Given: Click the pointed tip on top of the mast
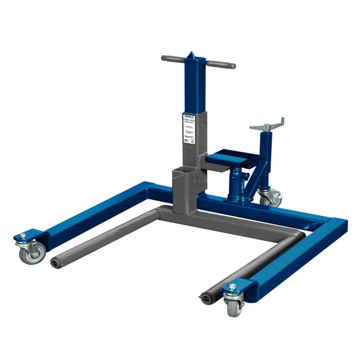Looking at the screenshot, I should click(192, 54).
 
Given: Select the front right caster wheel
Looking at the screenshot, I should click(233, 306).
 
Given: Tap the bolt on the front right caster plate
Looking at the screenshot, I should click(233, 287).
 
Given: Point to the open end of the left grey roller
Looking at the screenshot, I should click(55, 262).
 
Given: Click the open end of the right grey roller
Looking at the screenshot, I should click(205, 300).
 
